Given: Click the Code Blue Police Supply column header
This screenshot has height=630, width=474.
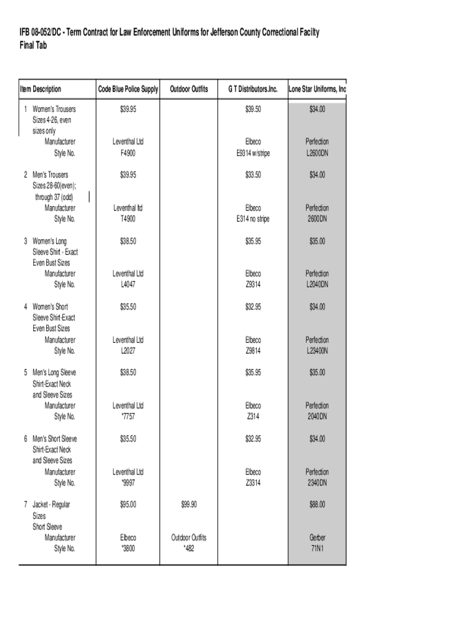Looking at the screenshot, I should pos(128,90).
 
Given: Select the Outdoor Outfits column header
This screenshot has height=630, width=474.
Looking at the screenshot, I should pos(189,90).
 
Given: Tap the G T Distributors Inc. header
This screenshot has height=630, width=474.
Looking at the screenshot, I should pos(253,90).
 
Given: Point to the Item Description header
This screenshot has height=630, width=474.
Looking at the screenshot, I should pos(41,90).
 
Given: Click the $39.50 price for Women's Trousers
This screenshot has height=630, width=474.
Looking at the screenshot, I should pos(253,109).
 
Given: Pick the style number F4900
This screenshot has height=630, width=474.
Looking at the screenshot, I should pos(128,153).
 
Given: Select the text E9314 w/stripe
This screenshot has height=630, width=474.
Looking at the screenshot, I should pos(253,153).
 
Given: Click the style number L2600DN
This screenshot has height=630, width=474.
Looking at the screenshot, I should pos(317,153).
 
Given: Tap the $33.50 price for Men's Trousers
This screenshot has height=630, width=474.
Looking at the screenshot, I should pos(253,175).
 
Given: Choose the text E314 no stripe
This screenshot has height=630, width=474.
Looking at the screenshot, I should pos(253,219).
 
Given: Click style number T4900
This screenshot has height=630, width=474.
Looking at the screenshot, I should pos(128,219).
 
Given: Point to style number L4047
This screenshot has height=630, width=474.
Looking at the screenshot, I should pos(128,285).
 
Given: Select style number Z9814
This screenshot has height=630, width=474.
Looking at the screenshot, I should pos(253,351).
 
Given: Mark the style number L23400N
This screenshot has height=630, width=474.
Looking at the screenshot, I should pos(317,351).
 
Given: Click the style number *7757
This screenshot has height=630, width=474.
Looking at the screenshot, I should pos(128,417).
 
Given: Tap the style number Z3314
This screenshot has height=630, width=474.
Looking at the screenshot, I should pos(253,482).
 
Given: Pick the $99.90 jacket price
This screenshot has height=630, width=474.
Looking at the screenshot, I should pos(189,504).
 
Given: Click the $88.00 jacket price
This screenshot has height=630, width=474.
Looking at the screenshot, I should pos(317,504).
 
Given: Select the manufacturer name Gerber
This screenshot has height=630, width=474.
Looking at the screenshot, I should pos(317,538).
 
